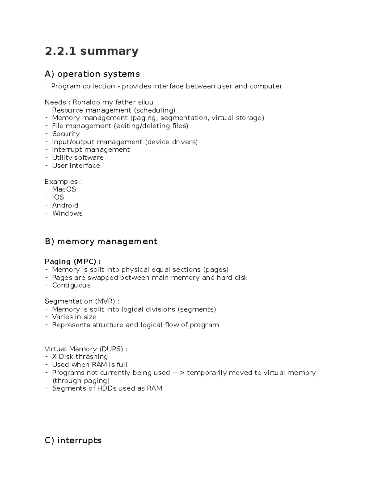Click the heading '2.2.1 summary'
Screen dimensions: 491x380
pos(92,51)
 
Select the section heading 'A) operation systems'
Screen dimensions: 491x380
pos(92,74)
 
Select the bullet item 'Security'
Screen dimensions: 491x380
pos(66,134)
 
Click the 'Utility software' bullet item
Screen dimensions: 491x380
pos(78,157)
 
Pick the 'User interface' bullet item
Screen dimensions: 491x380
pos(76,165)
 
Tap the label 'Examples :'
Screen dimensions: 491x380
pos(63,181)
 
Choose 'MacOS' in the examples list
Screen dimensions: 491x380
pos(64,189)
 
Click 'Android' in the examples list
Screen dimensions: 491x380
pos(65,205)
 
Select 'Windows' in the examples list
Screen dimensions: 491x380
pos(67,213)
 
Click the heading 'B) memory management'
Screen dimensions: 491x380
pos(101,242)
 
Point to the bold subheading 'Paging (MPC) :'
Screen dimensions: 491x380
pos(73,261)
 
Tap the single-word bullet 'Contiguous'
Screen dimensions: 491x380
pos(71,285)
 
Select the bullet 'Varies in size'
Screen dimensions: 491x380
pos(74,317)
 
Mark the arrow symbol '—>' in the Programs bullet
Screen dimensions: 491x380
pos(178,372)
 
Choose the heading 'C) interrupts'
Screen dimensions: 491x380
pos(73,440)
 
